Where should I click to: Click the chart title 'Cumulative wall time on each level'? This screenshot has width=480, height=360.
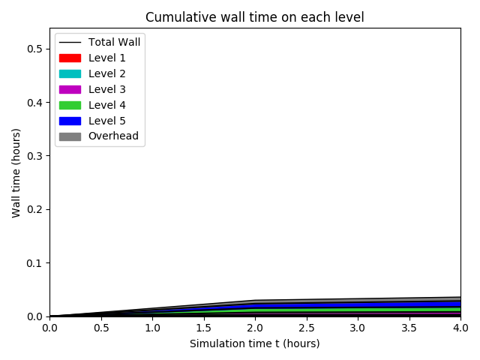254,17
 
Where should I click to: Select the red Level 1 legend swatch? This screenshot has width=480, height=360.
70,58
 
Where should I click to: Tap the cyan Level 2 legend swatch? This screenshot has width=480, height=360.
70,73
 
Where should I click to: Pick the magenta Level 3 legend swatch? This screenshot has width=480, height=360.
70,89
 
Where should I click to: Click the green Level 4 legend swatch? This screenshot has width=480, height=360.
70,105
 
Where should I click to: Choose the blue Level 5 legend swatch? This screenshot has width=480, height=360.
70,121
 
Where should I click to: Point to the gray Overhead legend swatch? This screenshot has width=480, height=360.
70,136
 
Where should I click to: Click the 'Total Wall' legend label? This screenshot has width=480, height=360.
114,42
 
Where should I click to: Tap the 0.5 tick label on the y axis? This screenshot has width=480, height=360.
35,49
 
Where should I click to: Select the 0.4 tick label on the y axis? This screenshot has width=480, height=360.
35,102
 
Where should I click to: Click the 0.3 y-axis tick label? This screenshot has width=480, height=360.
35,156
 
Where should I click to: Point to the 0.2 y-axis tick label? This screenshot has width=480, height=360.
35,209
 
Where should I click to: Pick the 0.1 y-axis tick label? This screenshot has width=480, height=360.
35,263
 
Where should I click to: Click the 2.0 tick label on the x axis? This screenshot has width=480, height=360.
255,328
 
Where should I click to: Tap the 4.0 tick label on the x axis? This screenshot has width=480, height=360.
460,328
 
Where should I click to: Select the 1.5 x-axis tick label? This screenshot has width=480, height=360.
203,328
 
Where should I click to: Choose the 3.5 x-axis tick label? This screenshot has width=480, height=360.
409,328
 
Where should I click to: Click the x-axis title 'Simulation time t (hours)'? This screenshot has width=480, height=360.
254,343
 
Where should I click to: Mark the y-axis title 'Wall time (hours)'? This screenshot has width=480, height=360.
16,172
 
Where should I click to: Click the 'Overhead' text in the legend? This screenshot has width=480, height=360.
113,136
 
